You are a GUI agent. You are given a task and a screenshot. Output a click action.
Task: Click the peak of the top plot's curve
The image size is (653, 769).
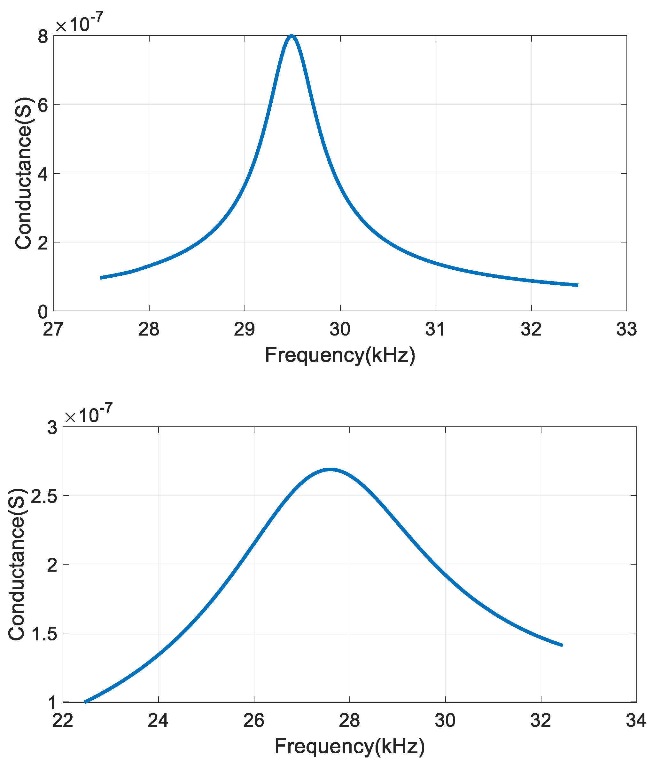292,36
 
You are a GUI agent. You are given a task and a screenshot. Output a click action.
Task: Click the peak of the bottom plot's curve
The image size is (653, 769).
330,469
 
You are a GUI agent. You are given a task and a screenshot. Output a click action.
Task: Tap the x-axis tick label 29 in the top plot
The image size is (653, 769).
244,329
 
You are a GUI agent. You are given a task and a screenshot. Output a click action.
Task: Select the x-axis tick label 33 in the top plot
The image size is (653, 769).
626,329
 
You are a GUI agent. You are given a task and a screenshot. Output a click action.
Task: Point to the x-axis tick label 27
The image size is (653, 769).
53,329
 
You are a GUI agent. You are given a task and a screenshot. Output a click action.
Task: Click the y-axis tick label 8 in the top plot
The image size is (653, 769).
43,37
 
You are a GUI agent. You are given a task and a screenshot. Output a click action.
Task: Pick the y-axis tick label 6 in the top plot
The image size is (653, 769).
43,106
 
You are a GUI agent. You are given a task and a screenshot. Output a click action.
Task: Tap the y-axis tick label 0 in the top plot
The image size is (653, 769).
43,312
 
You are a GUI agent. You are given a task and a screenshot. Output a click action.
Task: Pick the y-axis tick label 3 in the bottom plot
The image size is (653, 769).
52,428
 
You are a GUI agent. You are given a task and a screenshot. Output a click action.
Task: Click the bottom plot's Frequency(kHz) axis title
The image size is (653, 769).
349,746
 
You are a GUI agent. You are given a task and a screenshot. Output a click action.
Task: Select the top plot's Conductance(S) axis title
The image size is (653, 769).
23,173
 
